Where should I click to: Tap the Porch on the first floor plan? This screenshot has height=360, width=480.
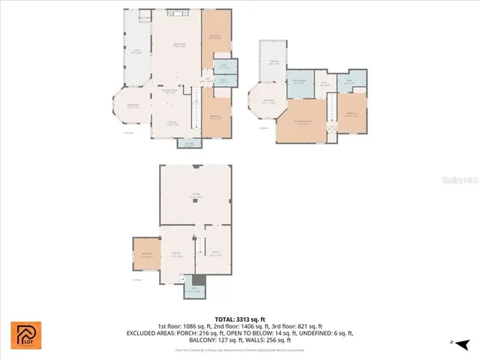pyautogui.click(x=136, y=53)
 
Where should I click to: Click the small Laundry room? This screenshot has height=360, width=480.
pyautogui.click(x=189, y=143)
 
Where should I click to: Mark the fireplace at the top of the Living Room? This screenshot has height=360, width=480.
pyautogui.click(x=177, y=13)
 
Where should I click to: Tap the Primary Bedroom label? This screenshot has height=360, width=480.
pyautogui.click(x=304, y=124)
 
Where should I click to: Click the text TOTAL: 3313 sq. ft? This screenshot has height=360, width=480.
pyautogui.click(x=239, y=319)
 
